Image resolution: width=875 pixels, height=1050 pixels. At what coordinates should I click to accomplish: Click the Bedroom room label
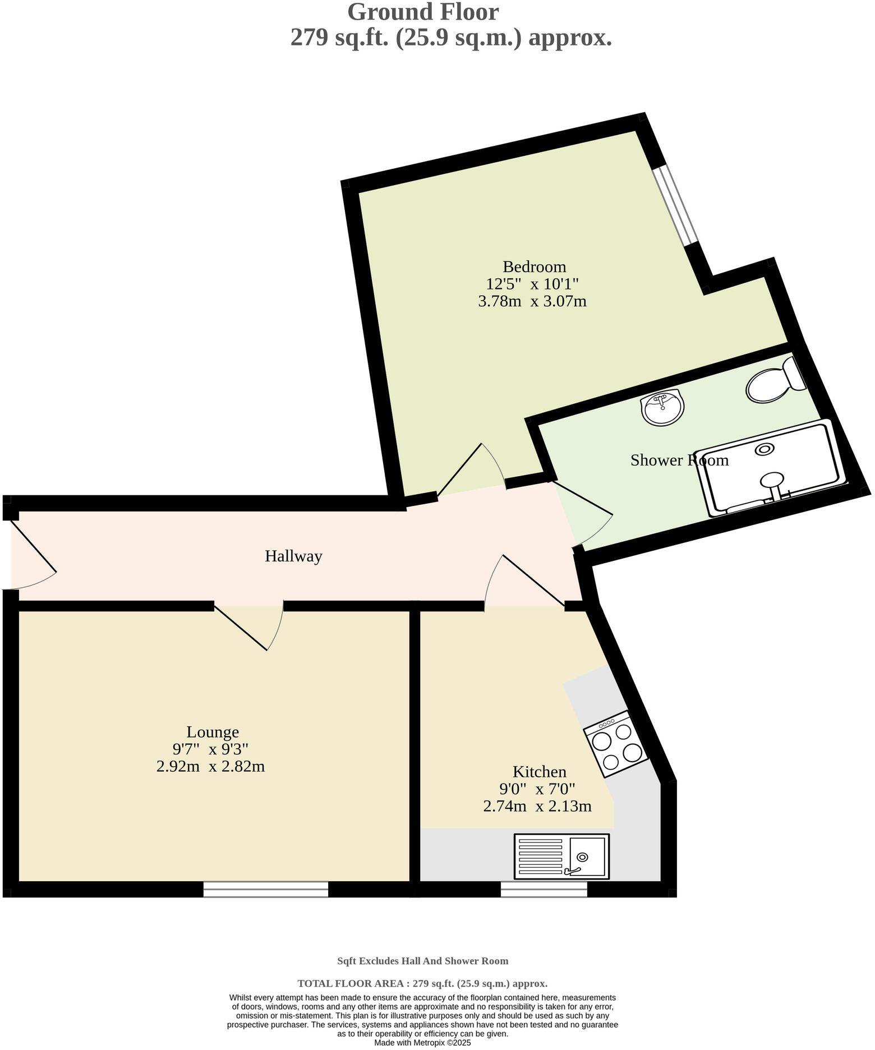pos(534,266)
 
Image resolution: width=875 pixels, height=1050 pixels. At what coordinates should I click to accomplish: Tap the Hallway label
pos(293,556)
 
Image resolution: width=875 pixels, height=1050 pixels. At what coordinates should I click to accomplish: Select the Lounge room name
pos(213,731)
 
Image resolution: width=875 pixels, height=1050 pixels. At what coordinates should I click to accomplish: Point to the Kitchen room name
pos(539,772)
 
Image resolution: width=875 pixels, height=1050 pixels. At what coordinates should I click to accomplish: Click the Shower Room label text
pos(679,460)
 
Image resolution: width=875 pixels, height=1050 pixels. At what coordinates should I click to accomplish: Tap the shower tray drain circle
pos(765,449)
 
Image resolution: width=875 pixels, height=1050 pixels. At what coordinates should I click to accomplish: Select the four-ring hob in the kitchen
pos(616,744)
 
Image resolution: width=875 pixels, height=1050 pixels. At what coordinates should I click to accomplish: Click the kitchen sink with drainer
pos(561,856)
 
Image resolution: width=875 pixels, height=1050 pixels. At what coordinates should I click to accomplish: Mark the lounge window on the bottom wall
pos(265,889)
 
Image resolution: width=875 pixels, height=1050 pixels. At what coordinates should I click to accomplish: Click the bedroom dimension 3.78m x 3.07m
pos(532,301)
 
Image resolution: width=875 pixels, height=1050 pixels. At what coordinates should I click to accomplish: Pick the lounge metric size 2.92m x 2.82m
pos(210,766)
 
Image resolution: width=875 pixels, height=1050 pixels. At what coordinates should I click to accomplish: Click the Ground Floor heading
pos(423,12)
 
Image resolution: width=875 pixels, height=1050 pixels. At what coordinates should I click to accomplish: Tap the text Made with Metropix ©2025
pos(422,1043)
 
